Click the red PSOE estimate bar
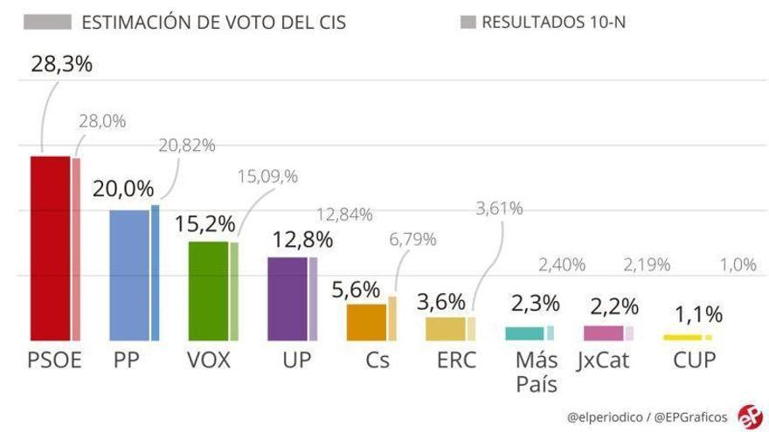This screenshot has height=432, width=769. [x=50, y=249]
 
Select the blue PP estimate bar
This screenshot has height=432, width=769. [x=128, y=275]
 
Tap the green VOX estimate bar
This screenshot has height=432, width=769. [x=208, y=291]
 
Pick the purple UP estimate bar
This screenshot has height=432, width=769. [x=287, y=298]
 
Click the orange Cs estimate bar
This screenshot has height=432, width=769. [x=366, y=322]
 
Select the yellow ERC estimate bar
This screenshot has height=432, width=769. [x=445, y=328]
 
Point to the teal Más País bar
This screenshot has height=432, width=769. [x=524, y=333]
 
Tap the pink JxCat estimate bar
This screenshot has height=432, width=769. [x=603, y=333]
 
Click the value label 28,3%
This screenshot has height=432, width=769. [x=61, y=64]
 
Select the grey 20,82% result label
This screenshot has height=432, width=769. [x=187, y=145]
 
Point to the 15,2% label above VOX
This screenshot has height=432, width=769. [x=204, y=223]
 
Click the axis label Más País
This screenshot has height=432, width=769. [x=536, y=371]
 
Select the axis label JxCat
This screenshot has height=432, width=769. [x=603, y=360]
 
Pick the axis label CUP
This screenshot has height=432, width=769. [x=694, y=360]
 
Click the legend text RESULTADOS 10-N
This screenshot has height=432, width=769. [x=552, y=22]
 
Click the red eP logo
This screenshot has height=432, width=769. [x=749, y=415]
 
